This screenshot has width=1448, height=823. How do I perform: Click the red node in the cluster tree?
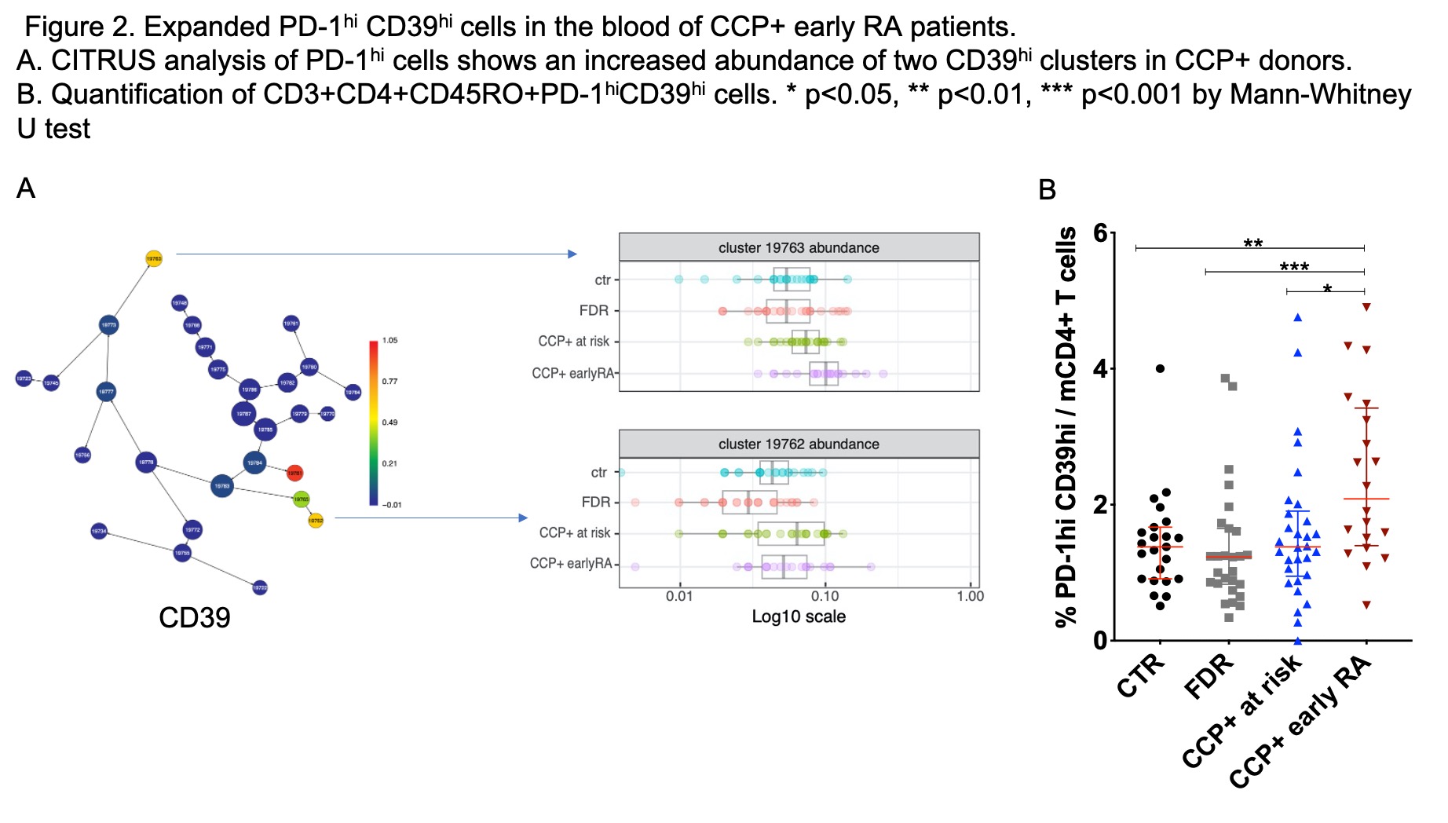[x=294, y=473]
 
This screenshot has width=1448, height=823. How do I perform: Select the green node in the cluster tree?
[x=301, y=499]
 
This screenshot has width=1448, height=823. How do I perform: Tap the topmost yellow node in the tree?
[x=154, y=258]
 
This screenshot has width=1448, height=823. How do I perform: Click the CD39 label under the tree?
[x=194, y=618]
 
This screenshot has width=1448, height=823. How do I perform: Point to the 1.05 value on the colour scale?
[x=389, y=341]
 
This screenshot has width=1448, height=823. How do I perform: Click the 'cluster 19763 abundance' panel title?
[x=799, y=248]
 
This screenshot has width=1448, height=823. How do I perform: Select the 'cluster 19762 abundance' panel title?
[x=799, y=444]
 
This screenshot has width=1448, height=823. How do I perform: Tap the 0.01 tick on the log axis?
[x=679, y=596]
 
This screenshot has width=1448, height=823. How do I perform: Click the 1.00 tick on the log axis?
[x=970, y=596]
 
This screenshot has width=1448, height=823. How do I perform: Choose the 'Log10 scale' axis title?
[x=799, y=616]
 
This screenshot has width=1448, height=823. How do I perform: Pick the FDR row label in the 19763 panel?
[x=594, y=311]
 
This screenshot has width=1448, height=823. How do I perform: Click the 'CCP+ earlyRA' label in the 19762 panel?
[x=571, y=564]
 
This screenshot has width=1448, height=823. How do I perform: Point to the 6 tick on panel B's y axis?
[x=1100, y=234]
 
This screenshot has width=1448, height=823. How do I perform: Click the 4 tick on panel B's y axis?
[x=1100, y=369]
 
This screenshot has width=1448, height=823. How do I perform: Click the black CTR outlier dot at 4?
[x=1160, y=368]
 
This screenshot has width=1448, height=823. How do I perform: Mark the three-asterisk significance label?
[x=1294, y=268]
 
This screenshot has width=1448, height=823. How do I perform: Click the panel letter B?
[x=1047, y=190]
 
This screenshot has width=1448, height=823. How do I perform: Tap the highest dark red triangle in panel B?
[x=1366, y=307]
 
